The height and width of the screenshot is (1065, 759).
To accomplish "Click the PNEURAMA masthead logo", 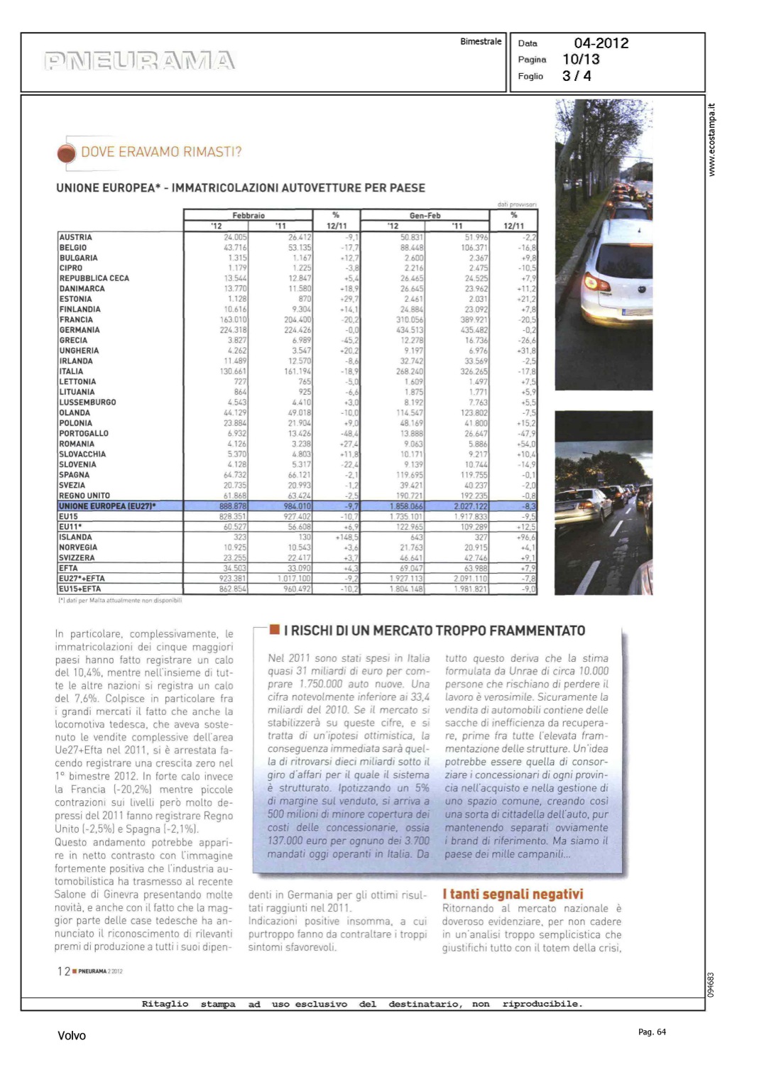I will [139, 61].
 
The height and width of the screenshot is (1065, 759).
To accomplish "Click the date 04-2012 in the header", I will [601, 43].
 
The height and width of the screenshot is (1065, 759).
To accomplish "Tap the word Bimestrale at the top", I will [481, 42].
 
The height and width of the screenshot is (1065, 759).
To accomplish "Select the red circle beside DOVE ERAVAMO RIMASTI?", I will [66, 153].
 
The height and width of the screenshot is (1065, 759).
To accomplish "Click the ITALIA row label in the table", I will [71, 371].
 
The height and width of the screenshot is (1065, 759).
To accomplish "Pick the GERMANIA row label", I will [80, 330].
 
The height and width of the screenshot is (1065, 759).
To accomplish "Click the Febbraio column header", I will [249, 215].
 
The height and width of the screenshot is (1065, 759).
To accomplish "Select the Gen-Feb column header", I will [425, 215].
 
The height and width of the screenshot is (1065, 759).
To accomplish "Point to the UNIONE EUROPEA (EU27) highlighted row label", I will [107, 506].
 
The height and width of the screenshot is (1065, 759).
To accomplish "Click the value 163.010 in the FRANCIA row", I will [234, 320].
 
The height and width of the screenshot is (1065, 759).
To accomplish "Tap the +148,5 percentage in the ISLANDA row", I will [347, 537].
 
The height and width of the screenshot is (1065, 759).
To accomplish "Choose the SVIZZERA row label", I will [77, 558].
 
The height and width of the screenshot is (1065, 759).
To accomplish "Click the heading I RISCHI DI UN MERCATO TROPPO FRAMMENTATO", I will [435, 630].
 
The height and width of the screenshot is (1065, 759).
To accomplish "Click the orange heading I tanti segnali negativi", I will [513, 894].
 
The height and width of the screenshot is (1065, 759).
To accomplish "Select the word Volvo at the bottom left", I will [71, 1036].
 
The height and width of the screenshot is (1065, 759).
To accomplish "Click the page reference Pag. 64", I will [652, 1032].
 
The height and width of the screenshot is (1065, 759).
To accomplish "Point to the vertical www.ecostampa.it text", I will [712, 141].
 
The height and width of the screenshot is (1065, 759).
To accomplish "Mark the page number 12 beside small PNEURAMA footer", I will [63, 971].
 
